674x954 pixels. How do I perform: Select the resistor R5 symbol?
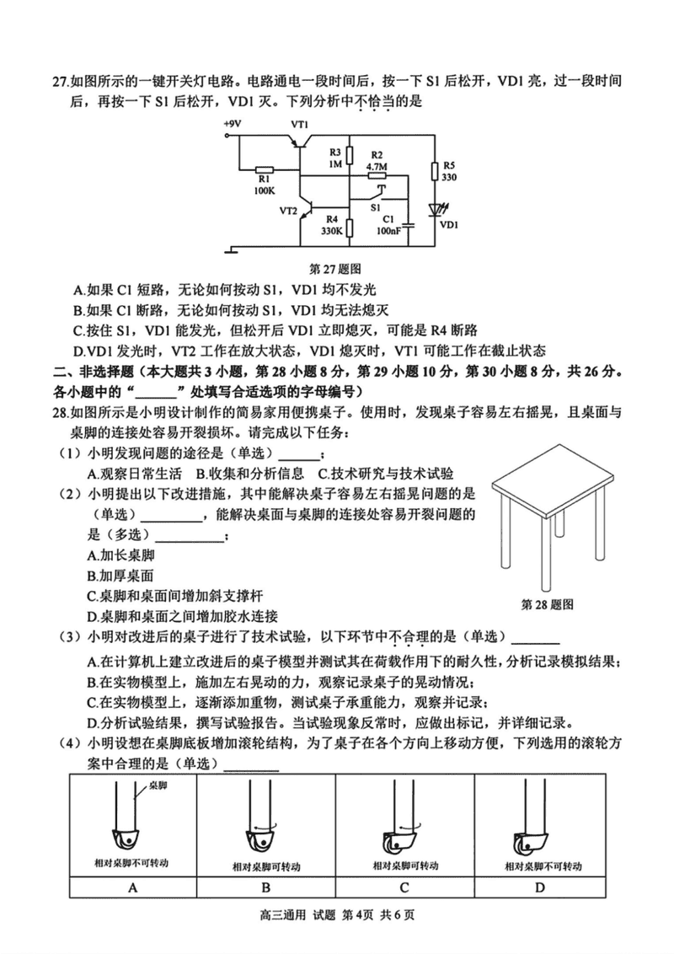click(435, 172)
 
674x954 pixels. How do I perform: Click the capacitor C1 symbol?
click(407, 225)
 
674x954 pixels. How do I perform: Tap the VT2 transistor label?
click(289, 211)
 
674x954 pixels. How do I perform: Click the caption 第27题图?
click(335, 270)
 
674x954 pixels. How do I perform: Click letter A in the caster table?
click(132, 887)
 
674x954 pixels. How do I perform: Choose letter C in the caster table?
click(404, 887)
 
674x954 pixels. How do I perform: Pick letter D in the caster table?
click(540, 887)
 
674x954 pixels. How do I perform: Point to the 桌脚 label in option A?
click(158, 785)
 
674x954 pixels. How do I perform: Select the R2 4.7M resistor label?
click(377, 161)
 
